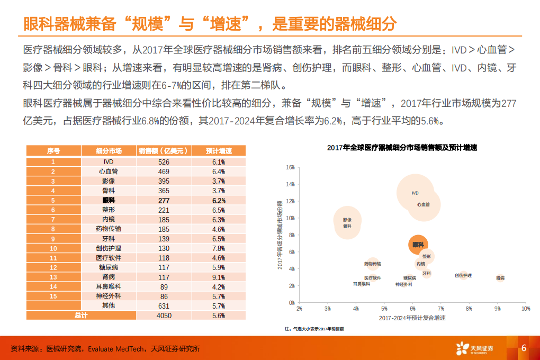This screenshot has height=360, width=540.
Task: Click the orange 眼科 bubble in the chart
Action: tap(418, 245)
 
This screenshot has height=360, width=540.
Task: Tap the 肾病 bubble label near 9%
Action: tap(500, 277)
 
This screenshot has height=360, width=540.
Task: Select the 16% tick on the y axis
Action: tap(290, 167)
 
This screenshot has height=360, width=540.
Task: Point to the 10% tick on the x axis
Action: tap(525, 308)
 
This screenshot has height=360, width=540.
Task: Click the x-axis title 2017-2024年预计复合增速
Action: tap(412, 318)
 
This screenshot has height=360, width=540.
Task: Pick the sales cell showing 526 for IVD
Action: tap(164, 162)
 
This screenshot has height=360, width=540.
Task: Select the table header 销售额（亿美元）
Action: tap(164, 151)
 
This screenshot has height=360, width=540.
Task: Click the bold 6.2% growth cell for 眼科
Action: tap(219, 201)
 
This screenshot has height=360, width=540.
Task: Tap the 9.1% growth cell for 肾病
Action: tap(219, 277)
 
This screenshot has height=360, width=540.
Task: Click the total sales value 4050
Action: tap(164, 315)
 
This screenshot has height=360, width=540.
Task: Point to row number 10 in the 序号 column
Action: tap(53, 248)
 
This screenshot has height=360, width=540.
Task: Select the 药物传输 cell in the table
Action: tap(109, 229)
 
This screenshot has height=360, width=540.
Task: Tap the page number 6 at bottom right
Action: tap(524, 348)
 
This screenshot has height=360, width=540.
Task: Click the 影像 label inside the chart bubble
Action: tap(347, 219)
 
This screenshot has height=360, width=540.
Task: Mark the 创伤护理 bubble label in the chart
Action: tap(463, 275)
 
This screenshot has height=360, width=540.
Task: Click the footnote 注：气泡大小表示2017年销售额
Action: tap(314, 329)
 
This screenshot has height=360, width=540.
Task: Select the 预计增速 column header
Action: tap(219, 151)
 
